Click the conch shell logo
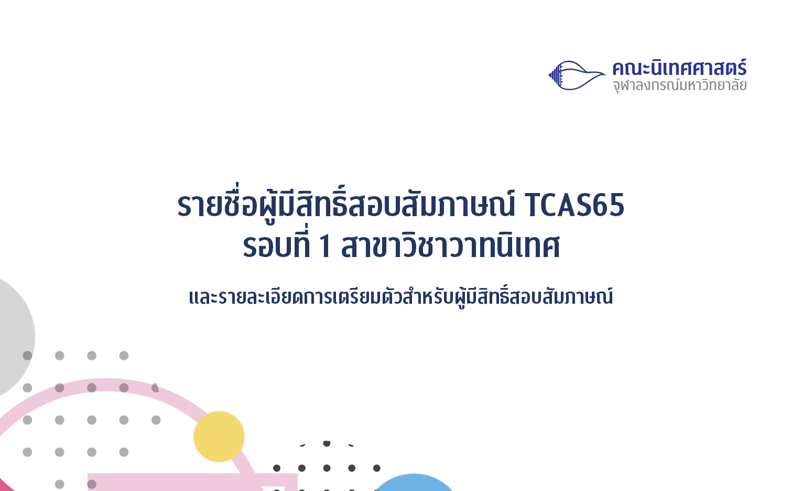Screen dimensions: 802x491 pyautogui.click(x=577, y=75)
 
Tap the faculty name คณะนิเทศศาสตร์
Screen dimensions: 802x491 pyautogui.click(x=679, y=68)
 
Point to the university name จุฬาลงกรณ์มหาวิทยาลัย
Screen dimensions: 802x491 pyautogui.click(x=679, y=86)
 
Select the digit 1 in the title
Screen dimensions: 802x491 pyautogui.click(x=326, y=247)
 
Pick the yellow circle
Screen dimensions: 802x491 pyautogui.click(x=219, y=436)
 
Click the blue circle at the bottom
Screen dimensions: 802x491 pyautogui.click(x=414, y=483)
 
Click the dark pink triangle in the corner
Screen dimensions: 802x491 pyautogui.click(x=5, y=486)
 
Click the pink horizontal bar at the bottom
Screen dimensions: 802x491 pyautogui.click(x=192, y=482)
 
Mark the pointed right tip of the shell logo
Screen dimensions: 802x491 pyautogui.click(x=605, y=74)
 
